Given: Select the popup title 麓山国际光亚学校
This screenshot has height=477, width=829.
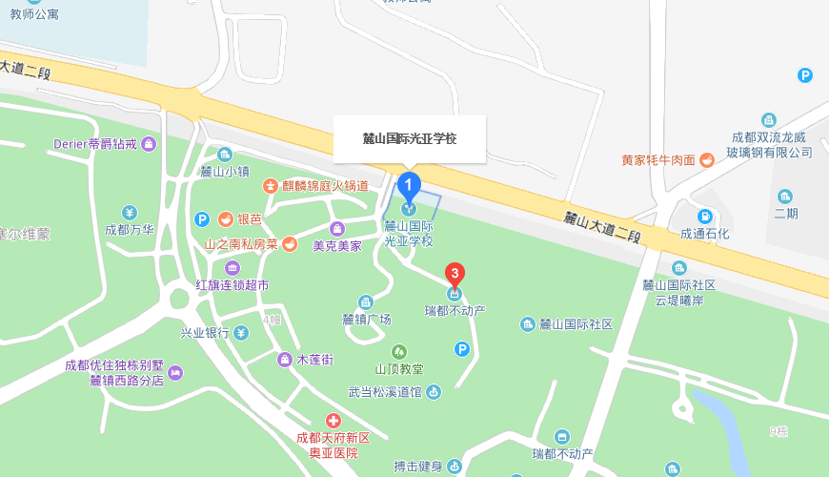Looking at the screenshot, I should click(x=410, y=138).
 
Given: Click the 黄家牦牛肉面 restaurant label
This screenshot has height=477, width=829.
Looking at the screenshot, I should click(x=657, y=160).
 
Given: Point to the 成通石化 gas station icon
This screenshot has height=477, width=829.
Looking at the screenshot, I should click(x=705, y=217).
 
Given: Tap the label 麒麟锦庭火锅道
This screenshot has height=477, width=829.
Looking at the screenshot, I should click(x=323, y=185).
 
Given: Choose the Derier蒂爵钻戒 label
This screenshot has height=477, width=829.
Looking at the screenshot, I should click(x=96, y=144).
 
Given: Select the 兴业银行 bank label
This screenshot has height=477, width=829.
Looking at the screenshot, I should click(x=205, y=333).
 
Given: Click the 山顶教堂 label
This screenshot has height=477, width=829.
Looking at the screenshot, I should click(x=399, y=369).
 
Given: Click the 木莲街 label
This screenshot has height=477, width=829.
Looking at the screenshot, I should click(x=314, y=360).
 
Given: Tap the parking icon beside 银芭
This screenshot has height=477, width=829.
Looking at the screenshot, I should click(x=202, y=219).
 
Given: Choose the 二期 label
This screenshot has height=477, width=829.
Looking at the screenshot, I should click(x=786, y=213).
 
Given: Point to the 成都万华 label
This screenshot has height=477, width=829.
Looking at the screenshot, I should click(x=130, y=230).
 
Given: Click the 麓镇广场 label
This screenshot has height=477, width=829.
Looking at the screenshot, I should click(x=366, y=320).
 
